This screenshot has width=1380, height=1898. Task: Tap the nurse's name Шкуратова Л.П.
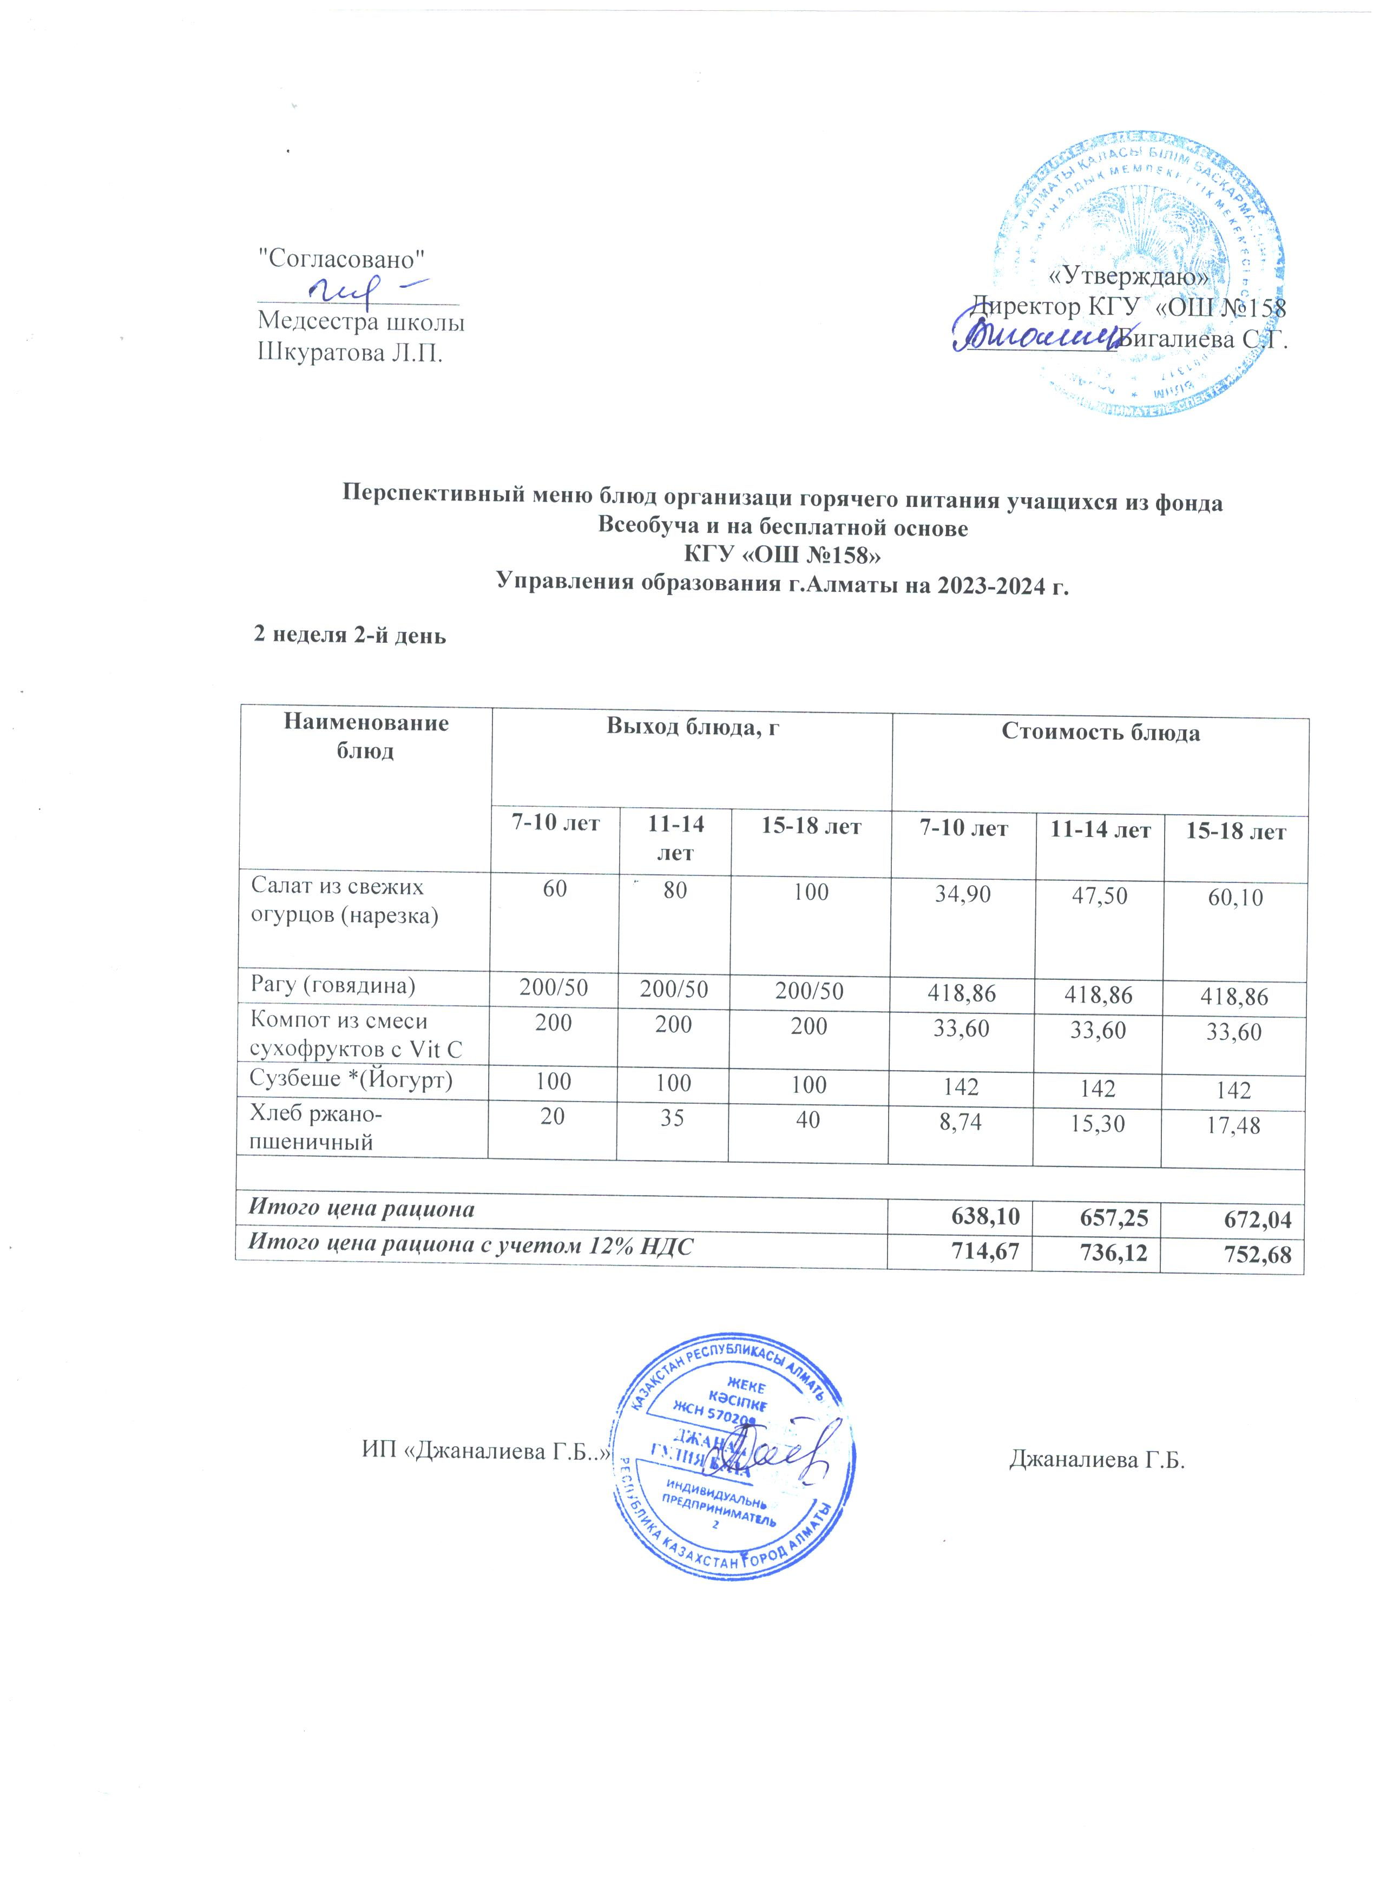(x=350, y=352)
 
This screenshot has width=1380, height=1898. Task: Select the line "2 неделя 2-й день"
(x=350, y=635)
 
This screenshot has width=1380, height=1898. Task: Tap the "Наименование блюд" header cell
(x=366, y=736)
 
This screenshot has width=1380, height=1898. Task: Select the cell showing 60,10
(x=1234, y=898)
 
